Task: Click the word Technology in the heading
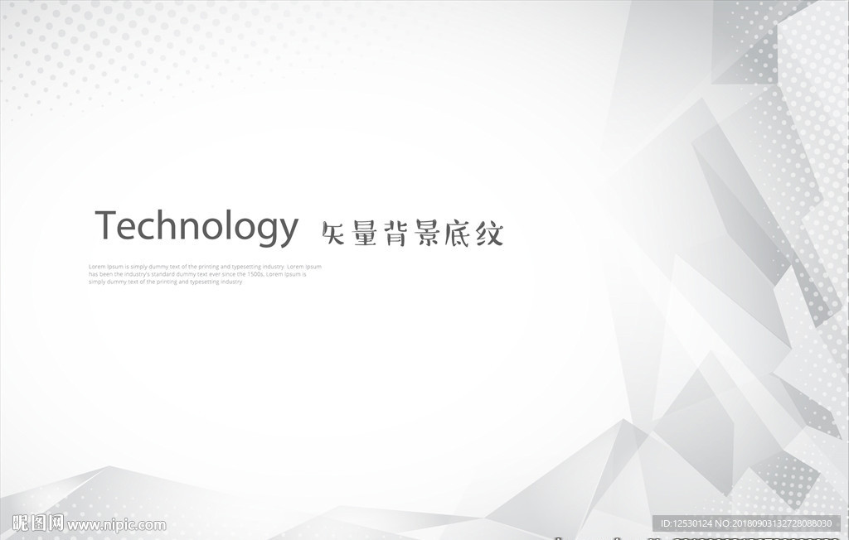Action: point(196,226)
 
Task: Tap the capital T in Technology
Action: point(106,224)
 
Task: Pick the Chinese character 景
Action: point(428,234)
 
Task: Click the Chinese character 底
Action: point(459,234)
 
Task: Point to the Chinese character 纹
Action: point(489,234)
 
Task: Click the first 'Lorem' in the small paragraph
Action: point(96,267)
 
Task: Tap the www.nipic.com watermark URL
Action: point(117,525)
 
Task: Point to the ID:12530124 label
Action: point(682,524)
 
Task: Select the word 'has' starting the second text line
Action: point(93,274)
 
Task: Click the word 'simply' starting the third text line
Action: point(97,282)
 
